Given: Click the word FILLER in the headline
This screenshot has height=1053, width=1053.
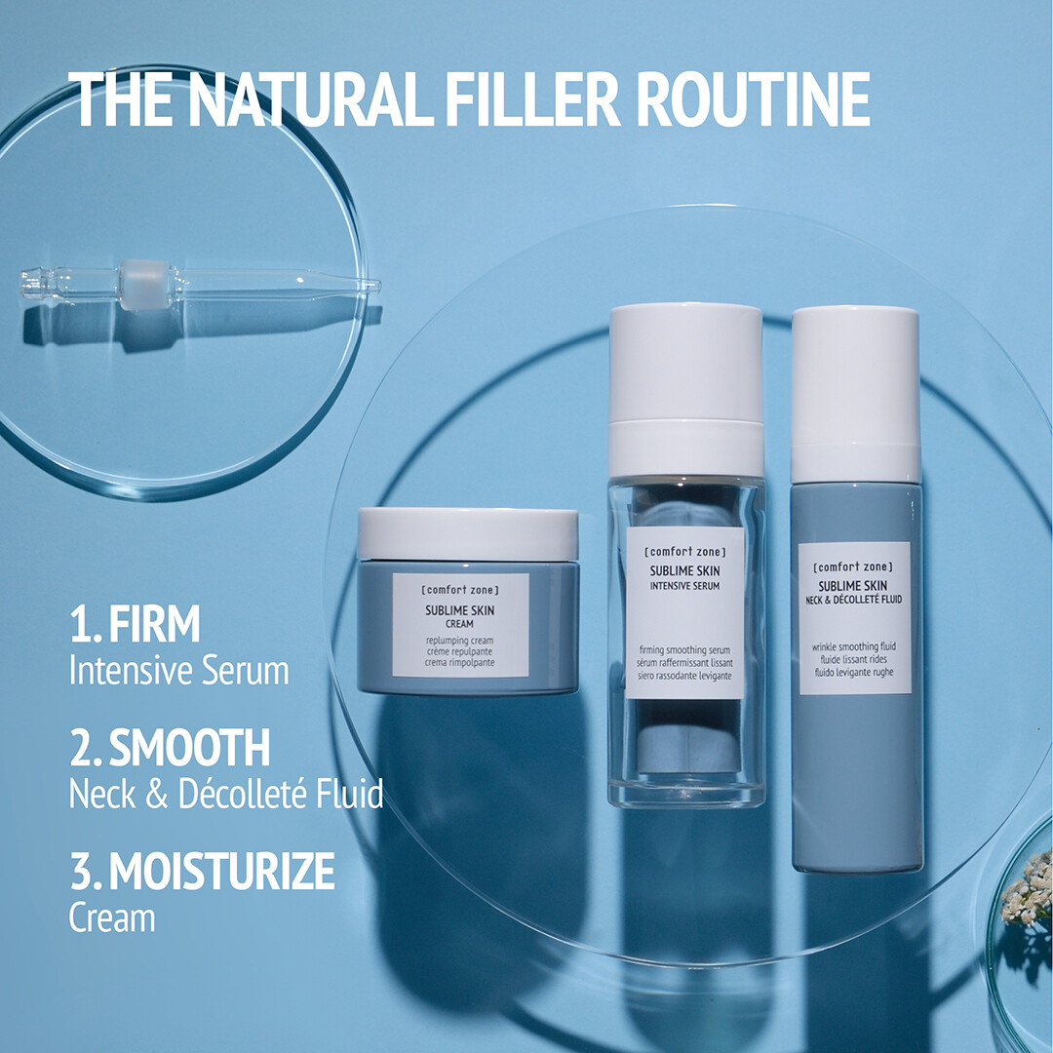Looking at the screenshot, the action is pos(532,99).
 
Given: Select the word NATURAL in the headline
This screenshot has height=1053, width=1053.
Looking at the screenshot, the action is pos(307,99).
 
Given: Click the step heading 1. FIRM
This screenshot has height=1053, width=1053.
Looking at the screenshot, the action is pos(135,624).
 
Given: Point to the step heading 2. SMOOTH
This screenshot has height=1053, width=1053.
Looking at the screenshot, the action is pos(170,748).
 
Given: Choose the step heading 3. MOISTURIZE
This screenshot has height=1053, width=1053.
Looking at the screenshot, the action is pos(202,871).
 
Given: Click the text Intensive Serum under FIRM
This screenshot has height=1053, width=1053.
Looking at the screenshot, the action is pos(179,670).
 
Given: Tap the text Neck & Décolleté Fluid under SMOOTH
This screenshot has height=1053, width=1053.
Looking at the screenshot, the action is pos(226,793).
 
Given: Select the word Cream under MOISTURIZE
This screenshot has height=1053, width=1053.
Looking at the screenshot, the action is pos(112,917).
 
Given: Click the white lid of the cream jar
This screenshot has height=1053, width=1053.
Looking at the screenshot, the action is pos(468,534).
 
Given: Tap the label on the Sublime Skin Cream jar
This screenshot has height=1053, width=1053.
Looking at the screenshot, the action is pos(460,625).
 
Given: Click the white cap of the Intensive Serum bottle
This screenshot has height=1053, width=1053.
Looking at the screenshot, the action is pos(685,389).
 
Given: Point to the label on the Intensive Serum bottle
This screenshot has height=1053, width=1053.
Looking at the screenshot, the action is pos(685,612).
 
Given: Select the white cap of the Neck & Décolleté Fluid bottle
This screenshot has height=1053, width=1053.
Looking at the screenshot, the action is pos(855,395).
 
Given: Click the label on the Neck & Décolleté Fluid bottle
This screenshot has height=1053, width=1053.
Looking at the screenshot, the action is pos(854,618).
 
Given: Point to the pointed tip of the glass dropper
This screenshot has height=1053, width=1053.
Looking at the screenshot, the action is pos(377,286).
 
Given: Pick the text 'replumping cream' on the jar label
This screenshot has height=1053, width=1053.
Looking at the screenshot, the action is pos(459,641).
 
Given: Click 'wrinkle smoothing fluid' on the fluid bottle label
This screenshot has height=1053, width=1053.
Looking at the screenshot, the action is pos(853,646).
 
